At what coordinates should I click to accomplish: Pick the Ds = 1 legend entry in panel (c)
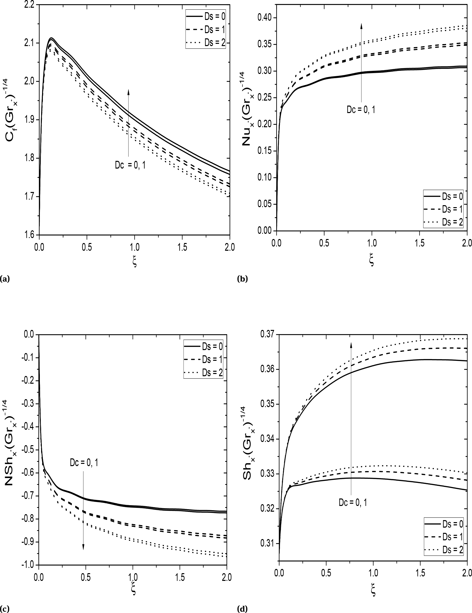203,360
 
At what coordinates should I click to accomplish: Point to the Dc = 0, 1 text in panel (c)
84,463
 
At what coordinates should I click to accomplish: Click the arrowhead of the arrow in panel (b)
361,26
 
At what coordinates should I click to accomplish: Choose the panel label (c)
5,609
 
